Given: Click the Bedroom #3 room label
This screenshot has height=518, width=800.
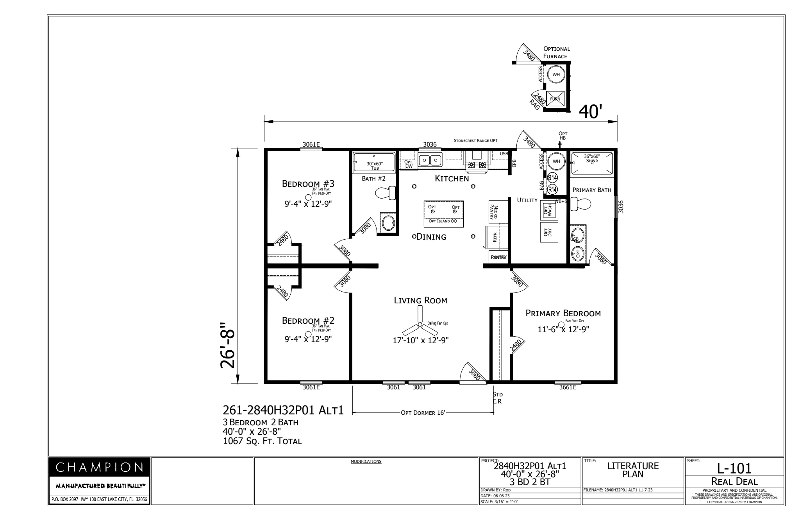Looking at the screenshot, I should pos(308,183).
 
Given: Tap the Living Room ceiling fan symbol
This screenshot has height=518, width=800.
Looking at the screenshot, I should pos(420,324).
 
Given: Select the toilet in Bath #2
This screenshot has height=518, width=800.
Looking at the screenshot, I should pos(385,193).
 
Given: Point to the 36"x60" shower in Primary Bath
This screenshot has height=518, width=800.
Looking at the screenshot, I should pos(592,163).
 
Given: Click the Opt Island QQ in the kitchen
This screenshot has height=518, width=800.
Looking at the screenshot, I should pos(444,213).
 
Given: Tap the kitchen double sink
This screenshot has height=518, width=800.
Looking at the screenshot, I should pos(430,160).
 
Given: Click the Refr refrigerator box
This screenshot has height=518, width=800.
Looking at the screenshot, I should pos(495,237).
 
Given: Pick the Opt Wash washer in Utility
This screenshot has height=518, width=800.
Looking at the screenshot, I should pos(548,211).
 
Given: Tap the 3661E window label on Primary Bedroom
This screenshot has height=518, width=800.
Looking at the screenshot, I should pos(568,387).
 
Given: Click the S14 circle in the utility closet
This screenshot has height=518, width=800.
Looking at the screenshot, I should pos(552,177).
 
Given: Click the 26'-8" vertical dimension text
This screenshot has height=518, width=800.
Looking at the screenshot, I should pos(228,345).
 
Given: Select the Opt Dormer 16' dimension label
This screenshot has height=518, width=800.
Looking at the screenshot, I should pos(423,413).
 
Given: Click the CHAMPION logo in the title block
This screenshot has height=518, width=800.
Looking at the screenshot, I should pos(99,467).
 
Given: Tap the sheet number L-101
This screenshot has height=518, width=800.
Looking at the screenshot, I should pos(734,468).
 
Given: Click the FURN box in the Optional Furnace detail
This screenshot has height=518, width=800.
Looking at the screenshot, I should pos(555,99).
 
